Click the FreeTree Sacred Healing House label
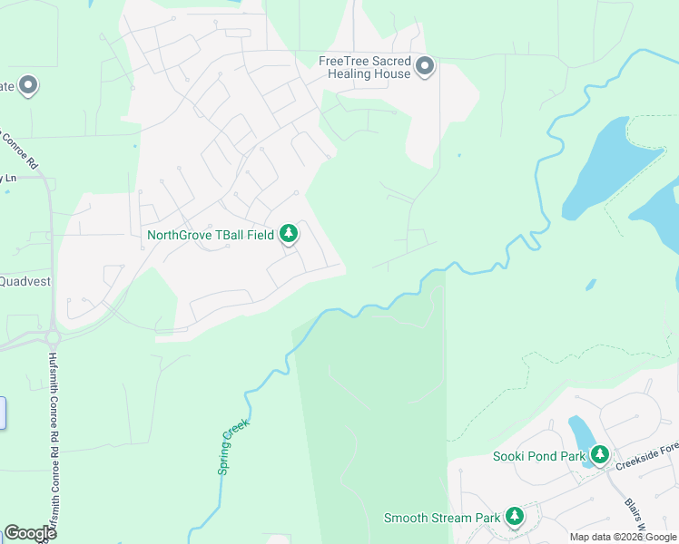click(364, 67)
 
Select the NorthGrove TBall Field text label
click(212, 235)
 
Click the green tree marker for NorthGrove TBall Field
click(289, 235)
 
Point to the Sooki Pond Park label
click(539, 456)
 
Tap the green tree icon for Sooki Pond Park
click(599, 455)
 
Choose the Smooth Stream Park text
click(441, 518)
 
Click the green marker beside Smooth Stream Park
click(515, 517)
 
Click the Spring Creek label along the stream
click(233, 446)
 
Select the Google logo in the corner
click(30, 533)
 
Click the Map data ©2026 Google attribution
click(623, 537)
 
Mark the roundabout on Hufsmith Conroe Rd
click(51, 337)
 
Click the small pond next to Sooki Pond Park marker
click(578, 432)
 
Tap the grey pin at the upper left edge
click(28, 86)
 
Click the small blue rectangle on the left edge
click(3, 413)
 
